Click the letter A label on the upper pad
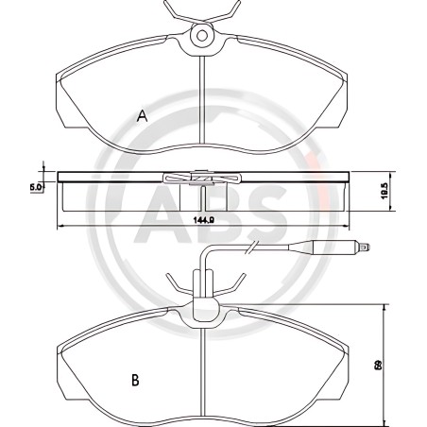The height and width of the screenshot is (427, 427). (142, 115)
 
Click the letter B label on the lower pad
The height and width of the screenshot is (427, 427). (135, 381)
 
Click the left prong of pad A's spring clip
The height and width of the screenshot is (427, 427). (174, 11)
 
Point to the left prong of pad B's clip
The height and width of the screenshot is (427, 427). (174, 282)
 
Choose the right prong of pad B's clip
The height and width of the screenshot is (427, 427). (232, 282)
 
